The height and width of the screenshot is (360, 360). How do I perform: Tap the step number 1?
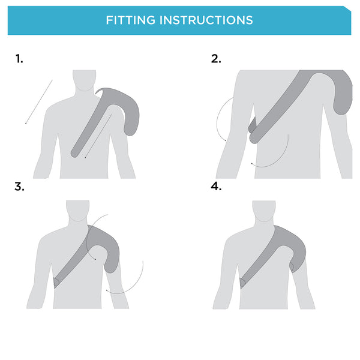(19, 59)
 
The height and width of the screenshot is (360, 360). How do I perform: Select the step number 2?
(216, 59)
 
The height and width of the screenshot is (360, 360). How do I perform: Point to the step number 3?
(19, 187)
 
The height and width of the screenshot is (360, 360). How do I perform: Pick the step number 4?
(216, 187)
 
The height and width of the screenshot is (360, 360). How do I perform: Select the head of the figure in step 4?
(264, 211)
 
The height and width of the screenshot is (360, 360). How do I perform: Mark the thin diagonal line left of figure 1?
(39, 101)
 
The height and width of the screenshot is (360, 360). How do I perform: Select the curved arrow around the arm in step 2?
(219, 120)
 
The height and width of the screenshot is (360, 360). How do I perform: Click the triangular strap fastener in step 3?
(55, 282)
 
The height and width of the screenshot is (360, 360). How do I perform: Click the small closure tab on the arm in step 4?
(292, 266)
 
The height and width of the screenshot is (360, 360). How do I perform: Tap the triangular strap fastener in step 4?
(243, 282)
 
